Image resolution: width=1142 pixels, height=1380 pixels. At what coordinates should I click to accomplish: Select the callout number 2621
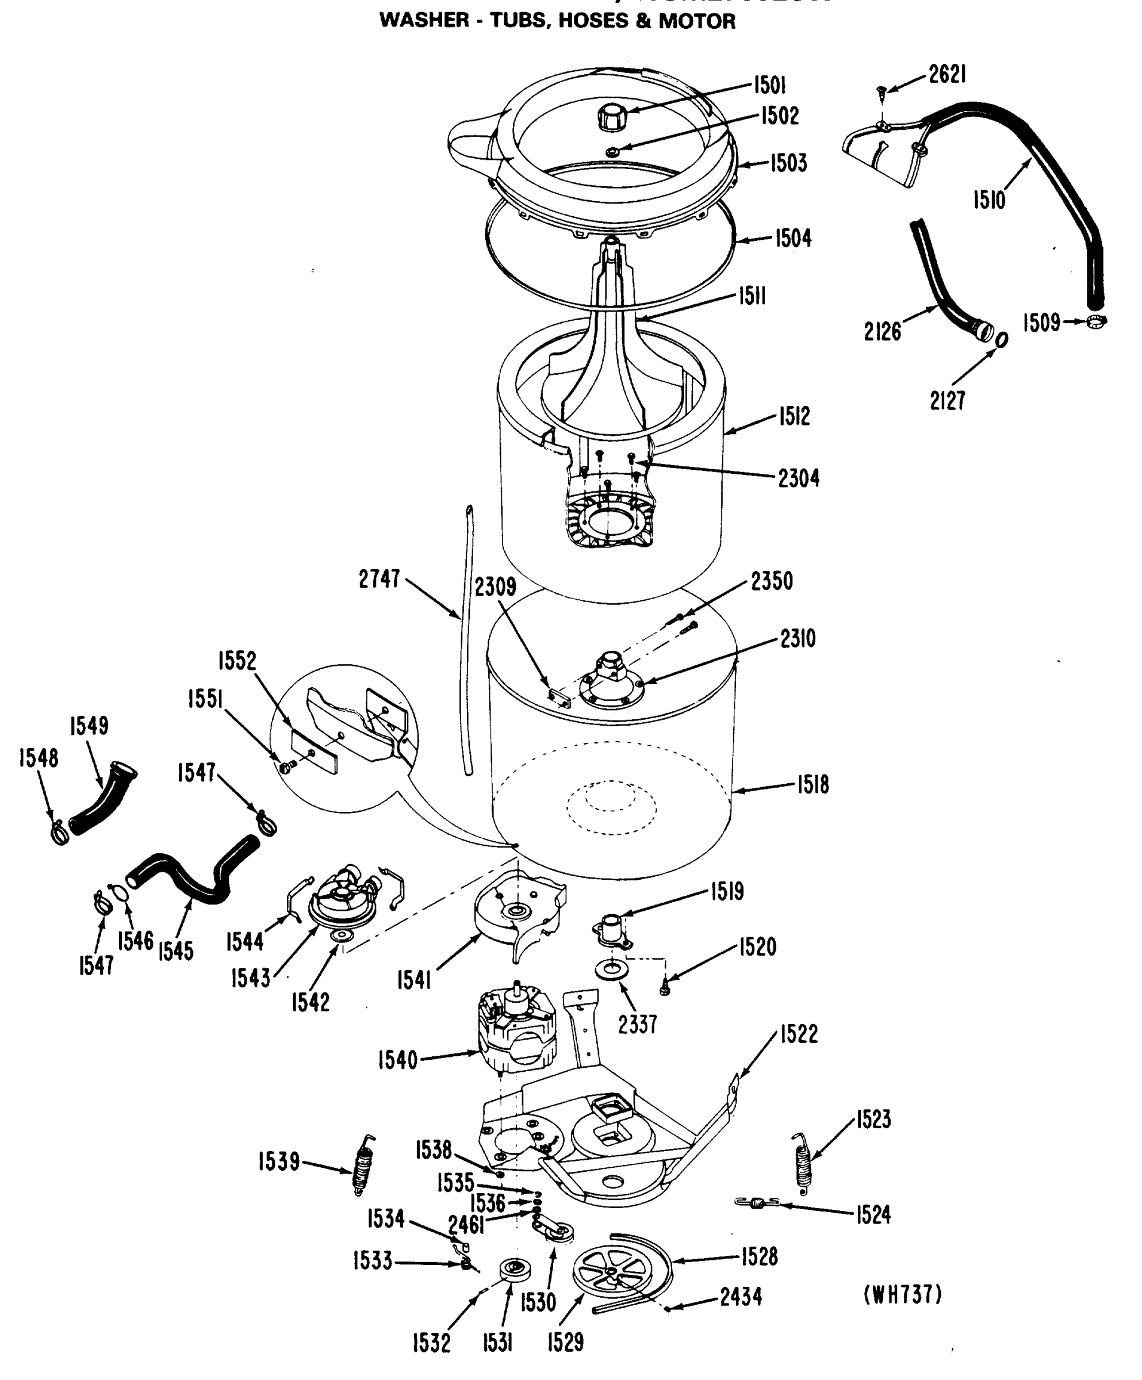coord(947,74)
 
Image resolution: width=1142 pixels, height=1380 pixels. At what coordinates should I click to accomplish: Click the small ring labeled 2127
coord(1001,339)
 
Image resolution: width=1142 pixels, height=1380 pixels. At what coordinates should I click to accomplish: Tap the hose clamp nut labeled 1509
coord(1095,321)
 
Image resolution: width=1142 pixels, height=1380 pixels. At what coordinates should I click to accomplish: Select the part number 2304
coord(798,478)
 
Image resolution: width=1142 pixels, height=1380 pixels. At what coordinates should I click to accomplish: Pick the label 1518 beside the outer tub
coord(813,784)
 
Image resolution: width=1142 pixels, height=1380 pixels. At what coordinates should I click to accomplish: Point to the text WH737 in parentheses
coord(902,1294)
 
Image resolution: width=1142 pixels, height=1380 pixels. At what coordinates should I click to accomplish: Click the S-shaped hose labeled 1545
coord(190,874)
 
